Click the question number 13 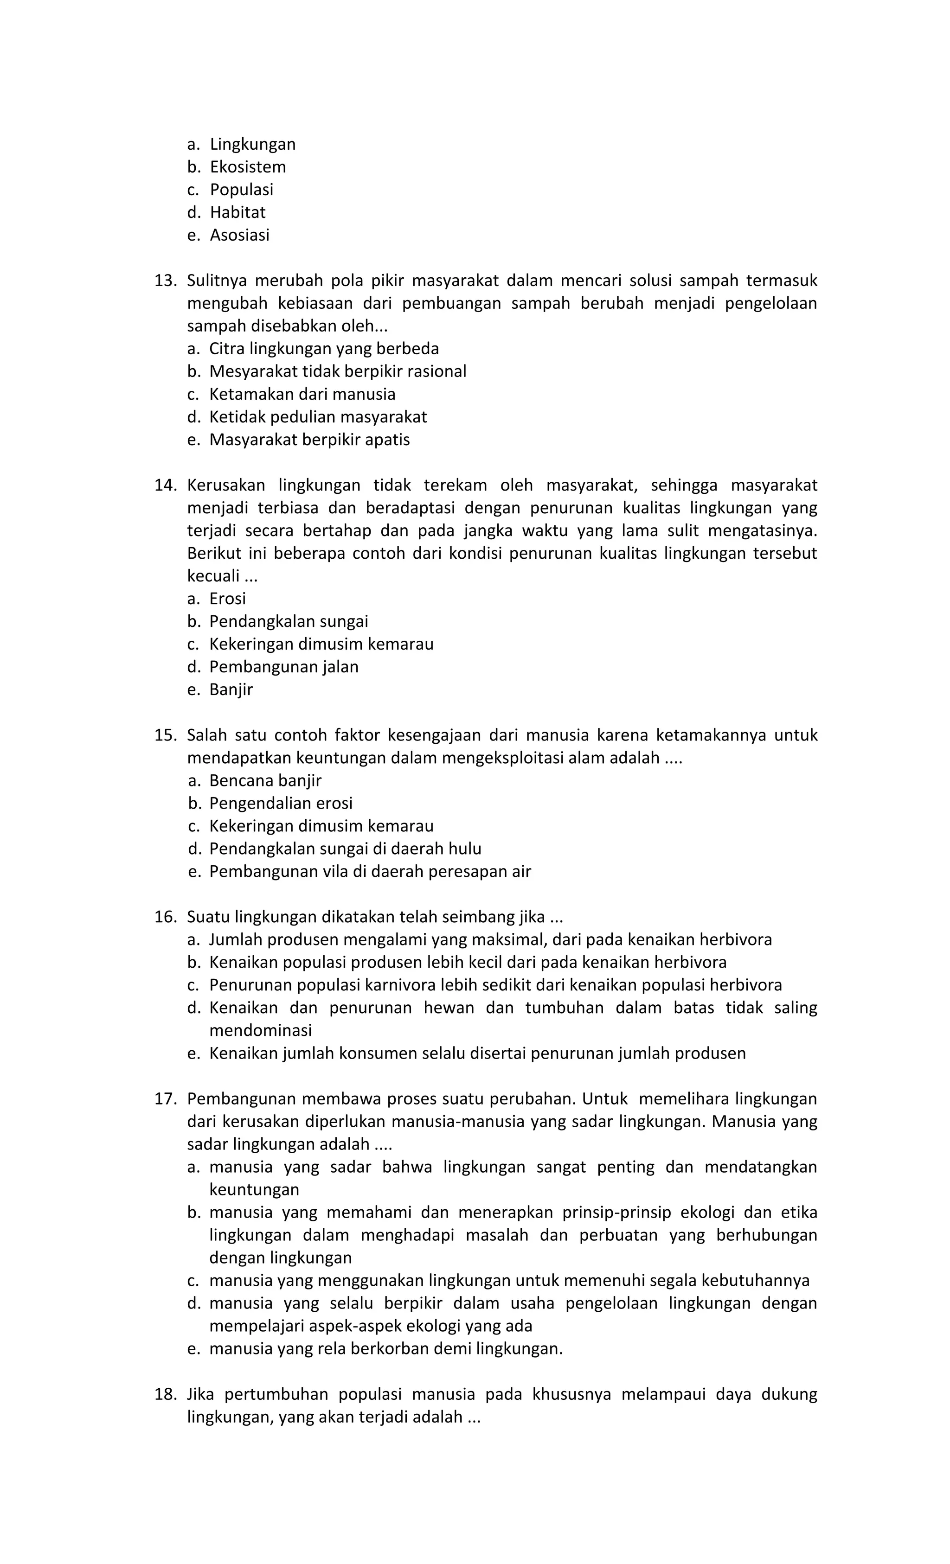pyautogui.click(x=165, y=281)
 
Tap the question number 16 pyautogui.click(x=165, y=917)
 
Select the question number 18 pyautogui.click(x=165, y=1394)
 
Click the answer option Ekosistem pyautogui.click(x=248, y=167)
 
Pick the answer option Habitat pyautogui.click(x=237, y=212)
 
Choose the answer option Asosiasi pyautogui.click(x=239, y=235)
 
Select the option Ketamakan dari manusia pyautogui.click(x=302, y=394)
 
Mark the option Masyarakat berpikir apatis pyautogui.click(x=309, y=439)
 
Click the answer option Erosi pyautogui.click(x=227, y=599)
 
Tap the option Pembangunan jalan pyautogui.click(x=284, y=666)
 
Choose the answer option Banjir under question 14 pyautogui.click(x=231, y=689)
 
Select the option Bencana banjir pyautogui.click(x=265, y=780)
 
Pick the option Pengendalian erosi pyautogui.click(x=281, y=803)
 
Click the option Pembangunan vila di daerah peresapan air pyautogui.click(x=370, y=871)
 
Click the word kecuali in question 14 pyautogui.click(x=213, y=576)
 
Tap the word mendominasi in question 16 pyautogui.click(x=260, y=1030)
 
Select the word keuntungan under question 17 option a pyautogui.click(x=254, y=1189)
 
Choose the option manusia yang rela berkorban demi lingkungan pyautogui.click(x=386, y=1348)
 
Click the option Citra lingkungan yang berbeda pyautogui.click(x=324, y=349)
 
